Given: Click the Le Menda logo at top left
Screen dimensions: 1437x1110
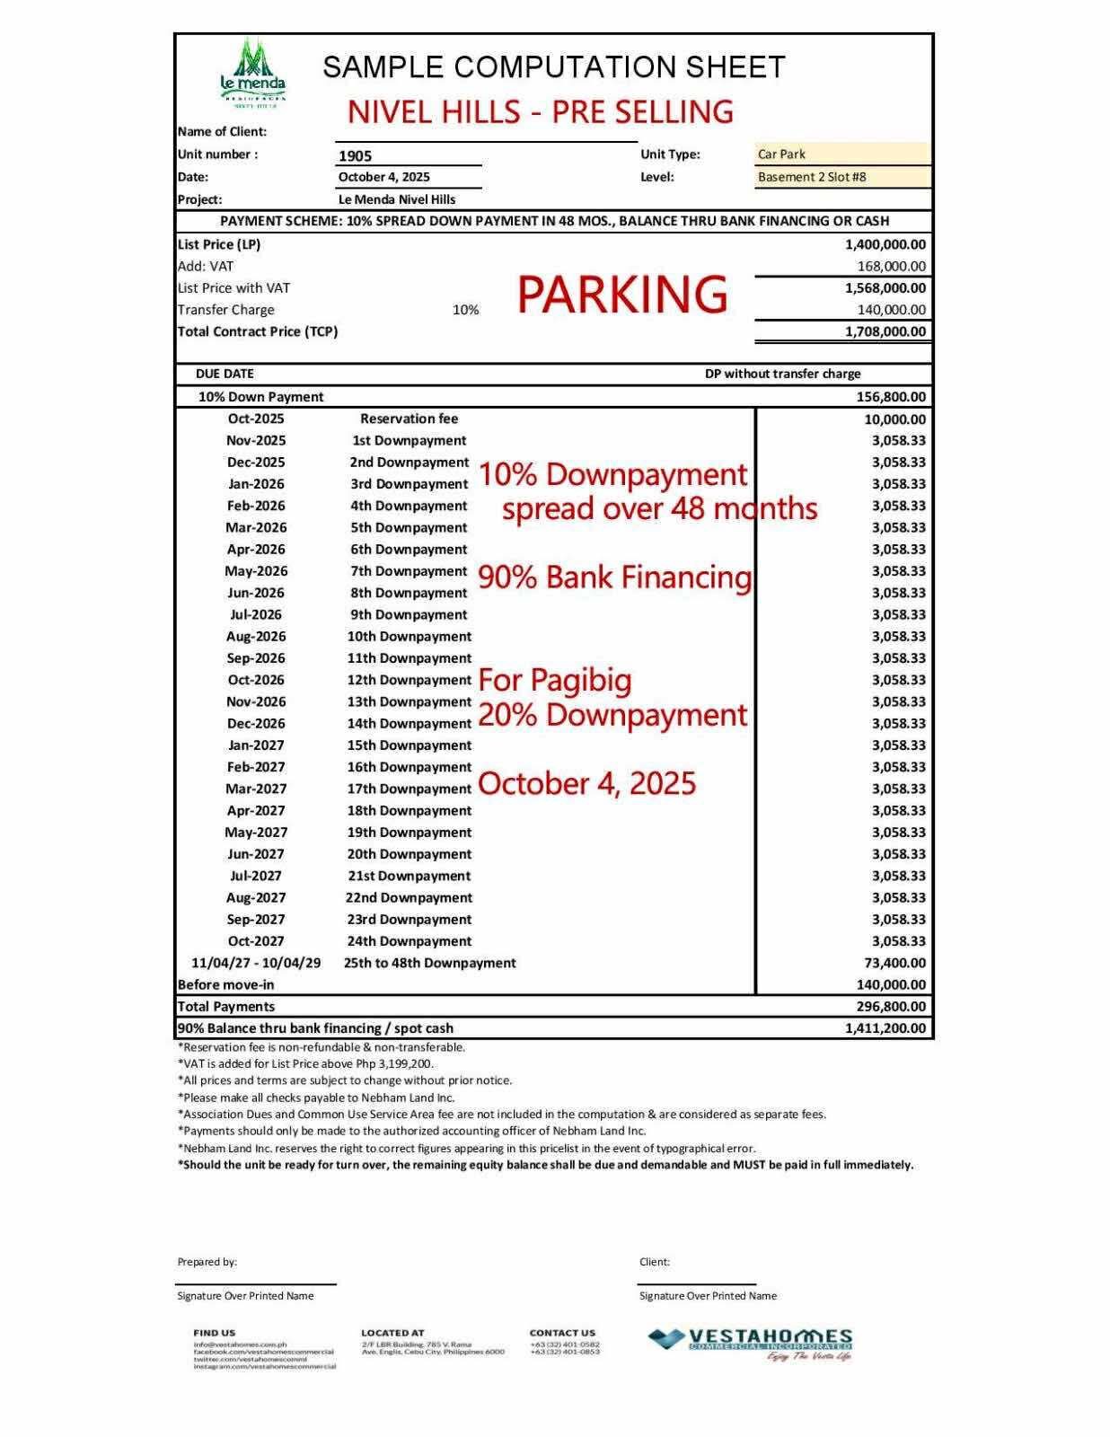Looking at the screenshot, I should pos(253,74).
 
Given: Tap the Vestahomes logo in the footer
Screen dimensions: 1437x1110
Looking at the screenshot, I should pos(750,1344).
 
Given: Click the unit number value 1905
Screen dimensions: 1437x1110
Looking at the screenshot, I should pos(356,155).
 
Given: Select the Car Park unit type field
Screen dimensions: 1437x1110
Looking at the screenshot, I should pos(842,154).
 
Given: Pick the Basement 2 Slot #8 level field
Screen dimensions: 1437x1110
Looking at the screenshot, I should pos(842,177).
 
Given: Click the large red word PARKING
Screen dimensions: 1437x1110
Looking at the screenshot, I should pos(622,295).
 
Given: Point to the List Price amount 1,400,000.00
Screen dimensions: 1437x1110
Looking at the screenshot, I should pos(885,244).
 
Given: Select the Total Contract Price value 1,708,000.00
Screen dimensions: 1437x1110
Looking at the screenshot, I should pos(885,331).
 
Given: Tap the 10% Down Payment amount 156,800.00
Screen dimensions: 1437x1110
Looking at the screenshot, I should pos(891,397).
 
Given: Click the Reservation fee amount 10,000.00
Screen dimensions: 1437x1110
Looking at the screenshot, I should pos(894,419).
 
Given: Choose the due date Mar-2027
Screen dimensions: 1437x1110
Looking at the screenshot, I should pos(256,789).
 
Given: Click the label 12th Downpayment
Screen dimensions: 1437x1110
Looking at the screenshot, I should pos(409,680).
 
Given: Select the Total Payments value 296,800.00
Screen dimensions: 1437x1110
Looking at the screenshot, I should pos(891,1007).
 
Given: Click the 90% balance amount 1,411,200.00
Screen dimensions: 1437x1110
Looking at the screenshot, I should pos(885,1028).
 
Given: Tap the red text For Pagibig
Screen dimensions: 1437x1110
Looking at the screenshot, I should pos(555,680).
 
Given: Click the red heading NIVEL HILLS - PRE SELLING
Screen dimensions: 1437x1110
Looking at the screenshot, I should pos(541,111).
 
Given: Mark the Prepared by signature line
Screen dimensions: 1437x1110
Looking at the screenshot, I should pos(257,1284).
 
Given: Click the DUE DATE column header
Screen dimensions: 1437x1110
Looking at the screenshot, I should pos(225,374).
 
